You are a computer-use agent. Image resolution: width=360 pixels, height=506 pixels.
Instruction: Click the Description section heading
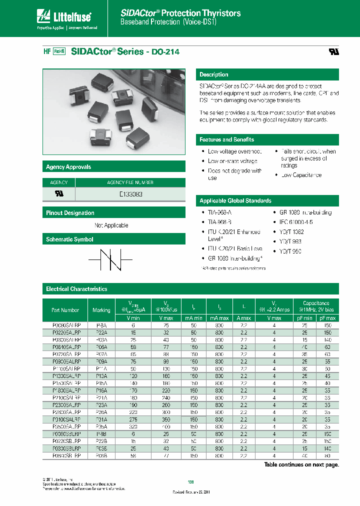pyautogui.click(x=214, y=74)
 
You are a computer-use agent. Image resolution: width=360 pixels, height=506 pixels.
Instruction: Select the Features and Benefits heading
pyautogui.click(x=227, y=139)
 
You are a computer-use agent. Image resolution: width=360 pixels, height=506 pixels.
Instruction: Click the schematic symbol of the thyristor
pyautogui.click(x=110, y=259)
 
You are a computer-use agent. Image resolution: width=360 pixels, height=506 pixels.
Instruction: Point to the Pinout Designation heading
pyautogui.click(x=70, y=213)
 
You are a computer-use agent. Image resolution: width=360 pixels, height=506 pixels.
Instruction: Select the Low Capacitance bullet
pyautogui.click(x=301, y=175)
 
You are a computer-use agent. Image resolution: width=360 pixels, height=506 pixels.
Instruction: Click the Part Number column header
pyautogui.click(x=65, y=310)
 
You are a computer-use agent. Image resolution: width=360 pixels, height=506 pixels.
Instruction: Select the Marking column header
pyautogui.click(x=101, y=310)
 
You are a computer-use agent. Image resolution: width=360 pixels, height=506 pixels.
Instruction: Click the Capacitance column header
pyautogui.click(x=316, y=303)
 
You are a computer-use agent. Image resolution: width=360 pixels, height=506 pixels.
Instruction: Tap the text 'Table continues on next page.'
pyautogui.click(x=301, y=464)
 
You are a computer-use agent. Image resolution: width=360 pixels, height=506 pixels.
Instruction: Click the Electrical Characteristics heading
pyautogui.click(x=76, y=289)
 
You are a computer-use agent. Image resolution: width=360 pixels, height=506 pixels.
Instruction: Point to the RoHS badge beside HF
pyautogui.click(x=58, y=51)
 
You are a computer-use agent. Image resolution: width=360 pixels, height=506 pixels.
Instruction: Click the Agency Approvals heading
pyautogui.click(x=68, y=167)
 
